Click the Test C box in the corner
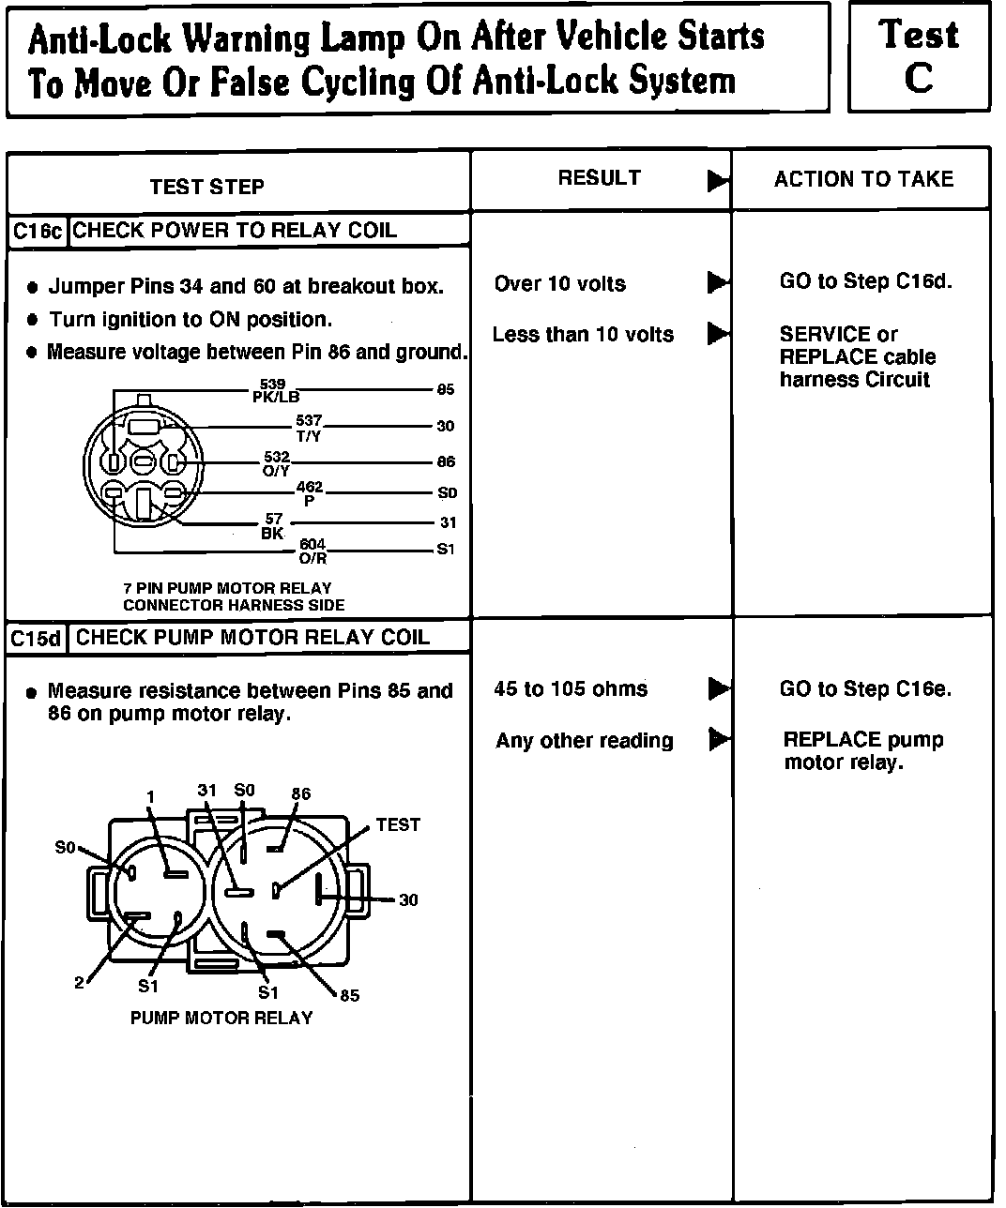(x=919, y=56)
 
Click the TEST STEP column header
(x=206, y=187)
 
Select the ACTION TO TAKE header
(x=862, y=179)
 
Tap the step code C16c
(x=38, y=232)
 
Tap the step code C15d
(x=38, y=639)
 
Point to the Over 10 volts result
(x=559, y=284)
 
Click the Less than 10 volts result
(x=583, y=335)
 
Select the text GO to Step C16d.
(x=865, y=281)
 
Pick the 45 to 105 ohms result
(x=571, y=689)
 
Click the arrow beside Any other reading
(x=719, y=740)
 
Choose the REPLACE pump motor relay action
(x=862, y=751)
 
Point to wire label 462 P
(x=310, y=493)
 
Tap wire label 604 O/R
(x=312, y=551)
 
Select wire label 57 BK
(x=273, y=526)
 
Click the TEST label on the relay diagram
(x=398, y=825)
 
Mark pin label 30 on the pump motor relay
(x=408, y=900)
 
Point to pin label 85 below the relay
(x=349, y=995)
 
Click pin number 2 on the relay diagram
(x=80, y=983)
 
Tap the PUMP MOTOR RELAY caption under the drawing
(x=221, y=1018)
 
